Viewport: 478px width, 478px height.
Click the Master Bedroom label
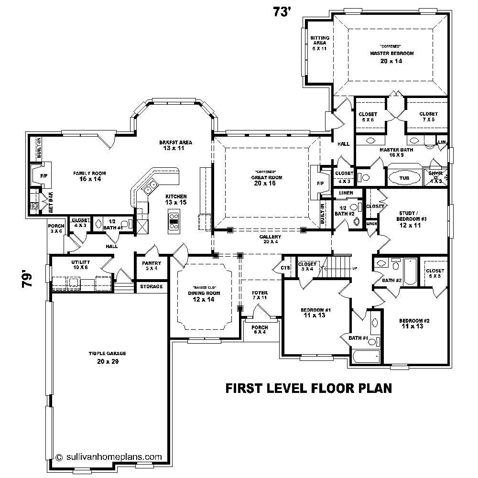(391, 54)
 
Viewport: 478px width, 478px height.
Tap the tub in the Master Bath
(404, 178)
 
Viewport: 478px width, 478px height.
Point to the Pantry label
(152, 265)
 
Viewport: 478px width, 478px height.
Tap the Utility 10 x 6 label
(65, 265)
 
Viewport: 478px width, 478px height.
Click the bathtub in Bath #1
(366, 357)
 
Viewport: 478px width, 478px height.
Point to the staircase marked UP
(337, 265)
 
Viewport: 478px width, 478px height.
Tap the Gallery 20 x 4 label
(270, 239)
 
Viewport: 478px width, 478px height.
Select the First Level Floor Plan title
(308, 388)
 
